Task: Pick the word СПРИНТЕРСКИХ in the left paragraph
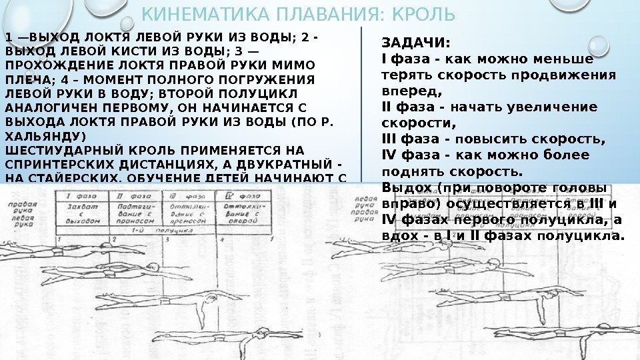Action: (49, 163)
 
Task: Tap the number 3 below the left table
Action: (166, 238)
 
